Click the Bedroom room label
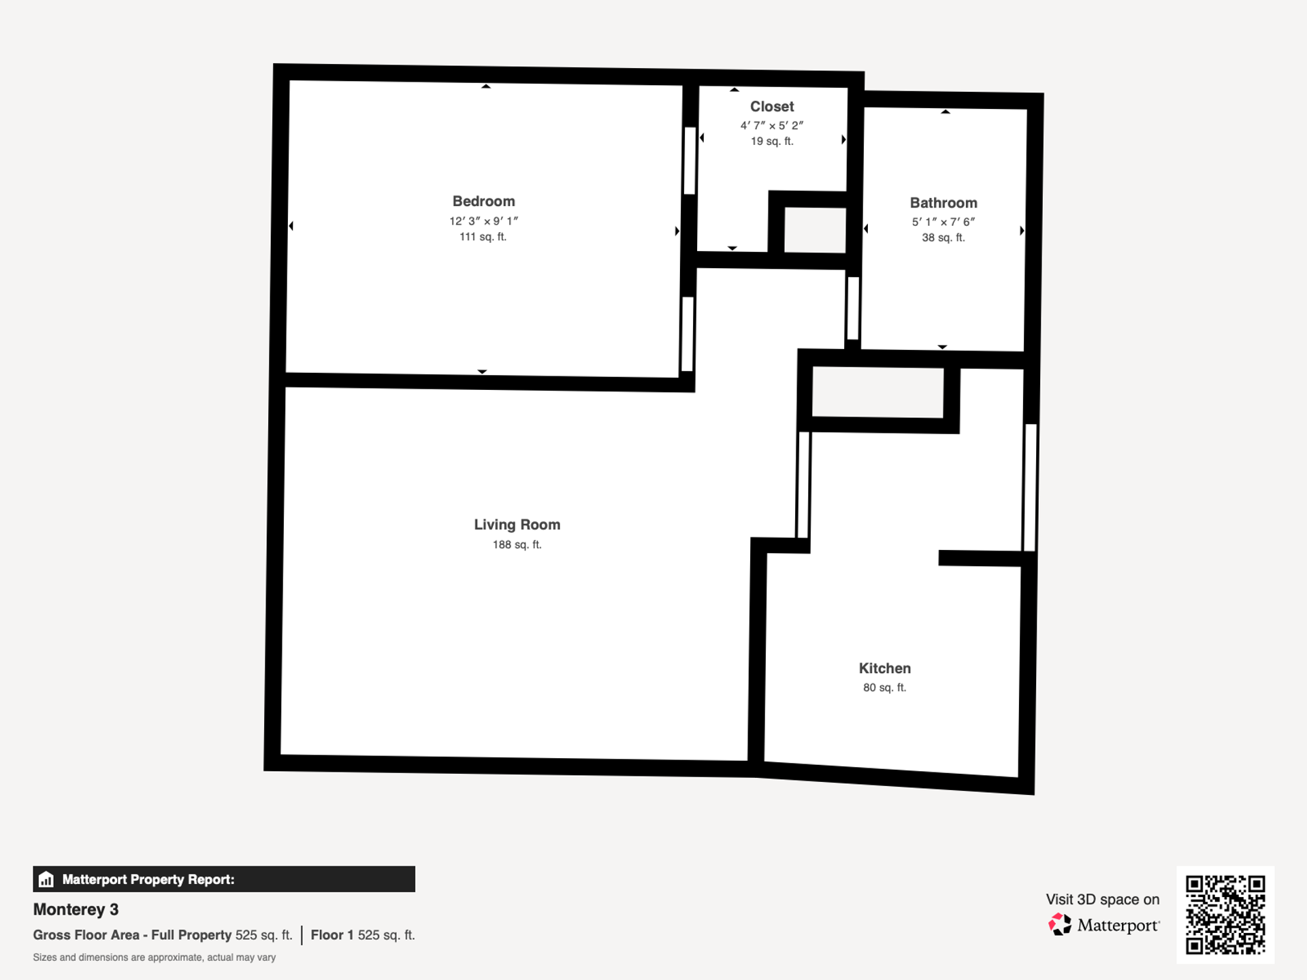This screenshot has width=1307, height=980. point(483,201)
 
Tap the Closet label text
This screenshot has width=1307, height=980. point(772,107)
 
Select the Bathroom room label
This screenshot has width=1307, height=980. point(943,203)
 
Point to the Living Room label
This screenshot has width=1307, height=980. point(517,525)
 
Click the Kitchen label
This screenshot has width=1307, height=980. point(884,668)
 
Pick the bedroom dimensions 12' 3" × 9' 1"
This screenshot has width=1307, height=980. point(483,221)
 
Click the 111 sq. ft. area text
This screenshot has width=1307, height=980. point(483,237)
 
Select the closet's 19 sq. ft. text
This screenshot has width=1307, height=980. point(772,142)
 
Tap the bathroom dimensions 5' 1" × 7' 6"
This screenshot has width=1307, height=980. point(943,222)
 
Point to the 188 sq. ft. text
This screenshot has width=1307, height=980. point(517,544)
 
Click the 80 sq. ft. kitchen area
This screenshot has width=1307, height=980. point(884,687)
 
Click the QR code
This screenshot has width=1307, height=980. point(1225,915)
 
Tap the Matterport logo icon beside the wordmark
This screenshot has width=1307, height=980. point(1059,925)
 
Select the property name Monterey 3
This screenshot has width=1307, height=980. point(76,909)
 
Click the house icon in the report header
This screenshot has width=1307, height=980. point(46,879)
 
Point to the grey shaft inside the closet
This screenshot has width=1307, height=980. point(815,230)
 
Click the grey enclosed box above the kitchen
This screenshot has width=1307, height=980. point(877,392)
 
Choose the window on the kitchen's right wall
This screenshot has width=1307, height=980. point(1030,487)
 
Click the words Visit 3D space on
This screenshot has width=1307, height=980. point(1102,899)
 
